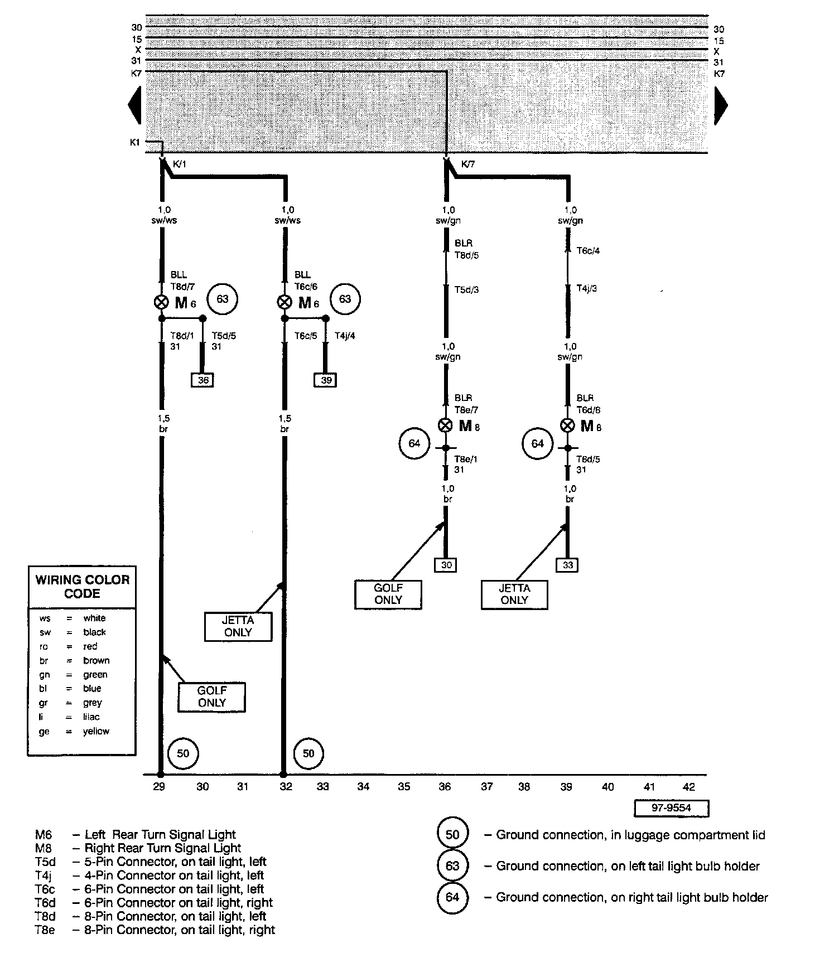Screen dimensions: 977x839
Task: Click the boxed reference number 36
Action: point(203,380)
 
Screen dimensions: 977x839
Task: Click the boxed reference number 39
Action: point(326,380)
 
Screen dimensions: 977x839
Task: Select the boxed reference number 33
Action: point(567,565)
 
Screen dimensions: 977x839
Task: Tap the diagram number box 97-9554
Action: point(671,808)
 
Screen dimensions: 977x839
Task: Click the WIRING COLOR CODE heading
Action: point(82,587)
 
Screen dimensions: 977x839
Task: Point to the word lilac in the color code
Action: point(91,717)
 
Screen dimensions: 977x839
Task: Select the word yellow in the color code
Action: point(96,731)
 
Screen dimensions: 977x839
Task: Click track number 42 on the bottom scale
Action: point(689,787)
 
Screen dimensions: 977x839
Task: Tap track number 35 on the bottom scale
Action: point(404,787)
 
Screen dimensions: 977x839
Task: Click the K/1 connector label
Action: point(180,165)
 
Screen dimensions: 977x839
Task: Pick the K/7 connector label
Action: point(468,165)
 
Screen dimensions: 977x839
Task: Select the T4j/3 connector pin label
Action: point(587,288)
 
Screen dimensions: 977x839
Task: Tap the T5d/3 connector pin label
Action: point(466,289)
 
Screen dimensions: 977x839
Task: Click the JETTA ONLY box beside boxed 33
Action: point(514,594)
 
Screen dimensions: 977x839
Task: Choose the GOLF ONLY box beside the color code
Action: point(211,697)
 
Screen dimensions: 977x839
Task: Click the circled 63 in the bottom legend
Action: point(452,866)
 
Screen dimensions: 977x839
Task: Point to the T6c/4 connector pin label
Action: point(588,251)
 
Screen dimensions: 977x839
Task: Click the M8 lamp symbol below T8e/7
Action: point(445,425)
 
